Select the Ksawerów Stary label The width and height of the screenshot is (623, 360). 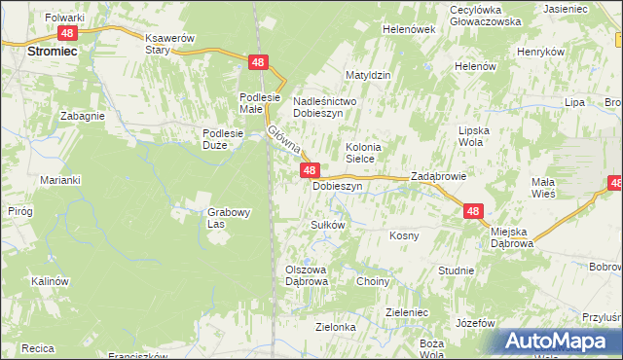pyautogui.click(x=170, y=43)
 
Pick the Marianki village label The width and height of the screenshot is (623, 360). pyautogui.click(x=59, y=180)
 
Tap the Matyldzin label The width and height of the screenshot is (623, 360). pyautogui.click(x=368, y=75)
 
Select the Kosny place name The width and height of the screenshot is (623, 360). pyautogui.click(x=404, y=235)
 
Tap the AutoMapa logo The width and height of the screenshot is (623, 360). pyautogui.click(x=559, y=341)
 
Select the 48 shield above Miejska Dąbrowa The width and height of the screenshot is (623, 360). pyautogui.click(x=473, y=210)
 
